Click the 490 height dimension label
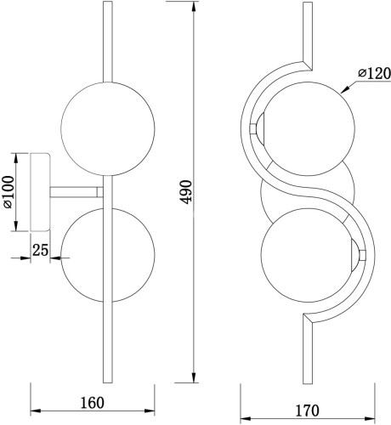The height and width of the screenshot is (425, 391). click(186, 192)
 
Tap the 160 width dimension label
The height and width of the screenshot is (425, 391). click(93, 403)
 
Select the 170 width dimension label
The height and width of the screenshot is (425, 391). click(308, 411)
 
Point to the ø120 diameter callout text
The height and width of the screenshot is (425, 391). click(374, 73)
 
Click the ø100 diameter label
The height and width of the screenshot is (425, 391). click(8, 192)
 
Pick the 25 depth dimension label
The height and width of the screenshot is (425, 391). click(40, 250)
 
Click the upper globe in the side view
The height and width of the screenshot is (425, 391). click(108, 129)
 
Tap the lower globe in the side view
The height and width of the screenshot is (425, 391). click(108, 255)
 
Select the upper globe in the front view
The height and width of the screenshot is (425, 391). click(308, 128)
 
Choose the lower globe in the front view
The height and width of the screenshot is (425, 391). click(308, 254)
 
